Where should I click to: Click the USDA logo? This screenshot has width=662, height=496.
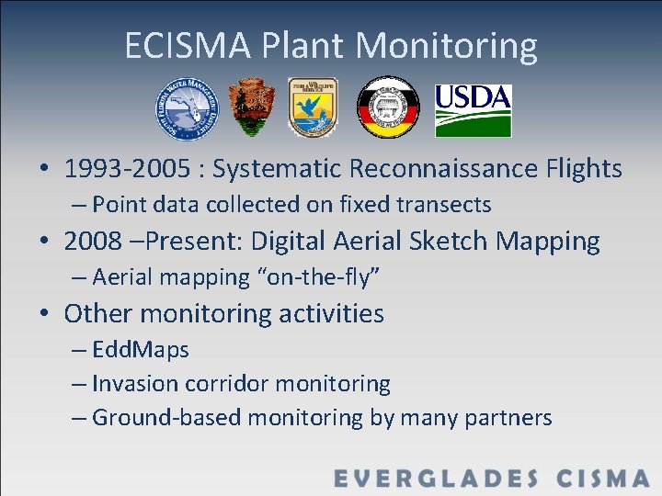click(473, 108)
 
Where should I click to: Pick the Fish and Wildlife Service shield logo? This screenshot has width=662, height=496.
click(313, 107)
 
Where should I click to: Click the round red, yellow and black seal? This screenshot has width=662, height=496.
click(387, 107)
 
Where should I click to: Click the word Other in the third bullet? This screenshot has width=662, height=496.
click(94, 313)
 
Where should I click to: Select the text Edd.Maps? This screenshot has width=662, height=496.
click(141, 350)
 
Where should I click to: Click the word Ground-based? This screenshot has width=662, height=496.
click(166, 418)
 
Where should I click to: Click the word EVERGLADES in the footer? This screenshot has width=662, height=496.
click(437, 478)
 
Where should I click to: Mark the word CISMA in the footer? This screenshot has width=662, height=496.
click(603, 478)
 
